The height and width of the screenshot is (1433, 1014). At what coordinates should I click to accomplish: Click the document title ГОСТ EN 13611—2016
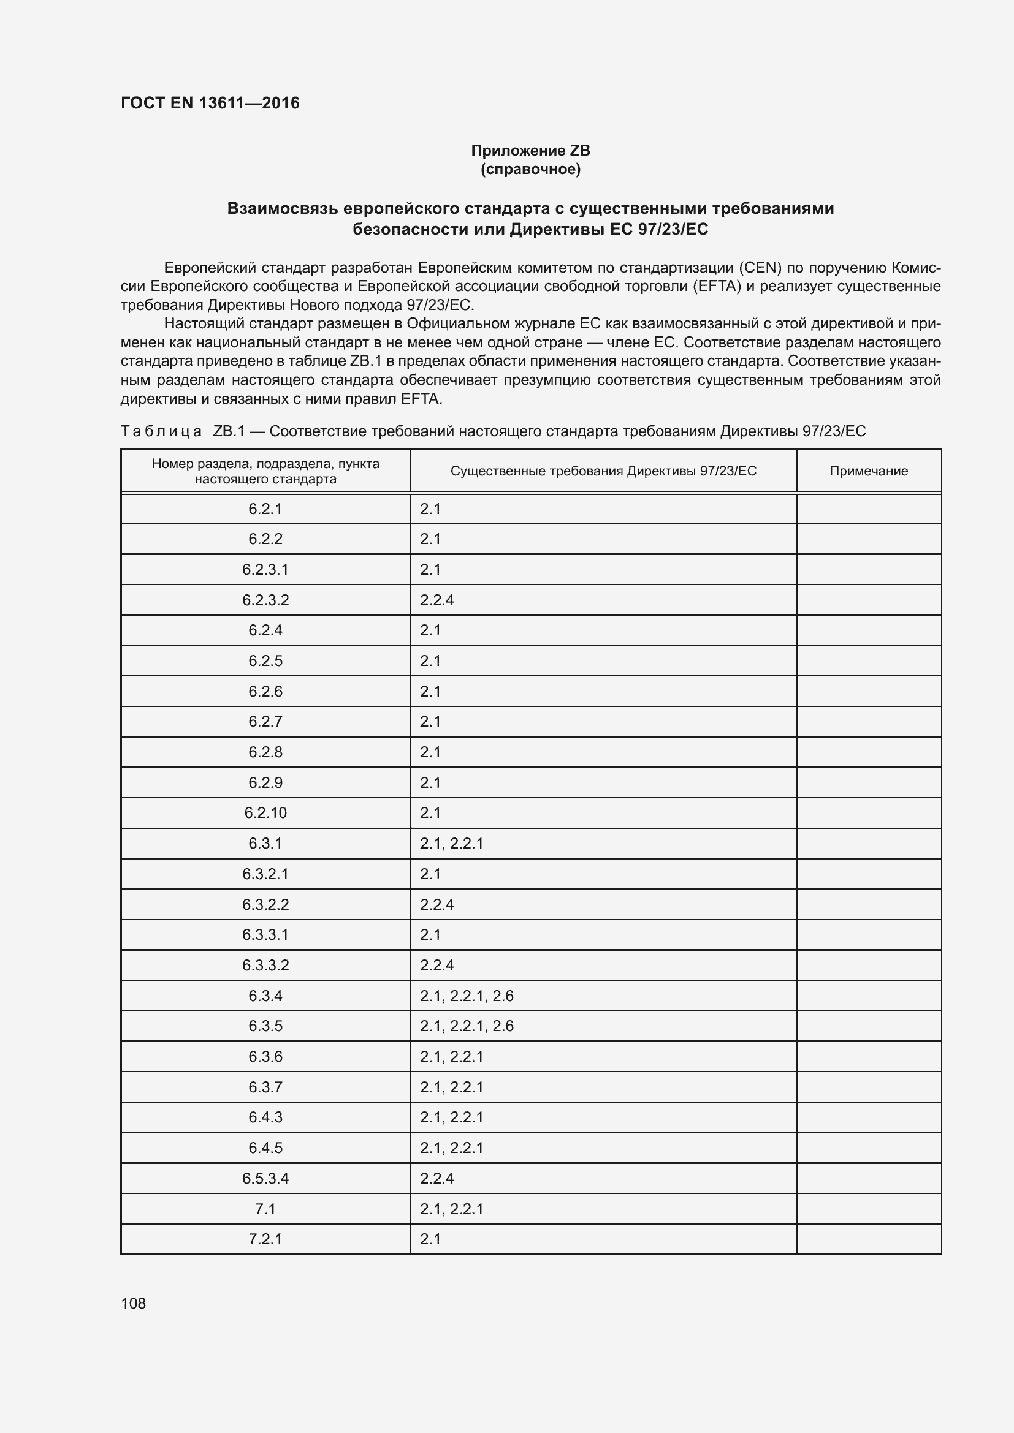[x=210, y=103]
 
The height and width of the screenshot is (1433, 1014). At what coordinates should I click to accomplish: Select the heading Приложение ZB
[x=530, y=151]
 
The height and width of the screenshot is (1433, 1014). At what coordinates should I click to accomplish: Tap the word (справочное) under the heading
[x=530, y=169]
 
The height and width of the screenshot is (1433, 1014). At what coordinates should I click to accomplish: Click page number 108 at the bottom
[x=133, y=1303]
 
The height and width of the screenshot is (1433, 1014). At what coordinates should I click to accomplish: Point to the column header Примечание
[x=868, y=471]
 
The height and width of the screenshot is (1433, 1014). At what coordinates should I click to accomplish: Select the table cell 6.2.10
[x=265, y=812]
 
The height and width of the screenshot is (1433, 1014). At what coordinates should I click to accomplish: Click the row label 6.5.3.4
[x=265, y=1178]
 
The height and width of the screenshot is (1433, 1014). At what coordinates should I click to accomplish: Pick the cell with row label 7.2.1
[x=265, y=1239]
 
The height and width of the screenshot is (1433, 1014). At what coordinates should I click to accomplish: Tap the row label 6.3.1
[x=265, y=843]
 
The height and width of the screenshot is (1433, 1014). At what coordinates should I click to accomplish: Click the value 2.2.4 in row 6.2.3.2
[x=436, y=600]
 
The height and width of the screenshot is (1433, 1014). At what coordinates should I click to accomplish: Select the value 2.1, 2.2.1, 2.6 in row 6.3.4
[x=467, y=996]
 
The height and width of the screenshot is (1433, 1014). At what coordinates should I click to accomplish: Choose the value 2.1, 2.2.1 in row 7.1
[x=451, y=1209]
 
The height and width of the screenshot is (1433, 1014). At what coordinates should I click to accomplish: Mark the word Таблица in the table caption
[x=161, y=431]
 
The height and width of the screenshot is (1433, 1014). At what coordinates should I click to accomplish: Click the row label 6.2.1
[x=265, y=509]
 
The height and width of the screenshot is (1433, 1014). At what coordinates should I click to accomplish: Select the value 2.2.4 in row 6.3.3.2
[x=436, y=965]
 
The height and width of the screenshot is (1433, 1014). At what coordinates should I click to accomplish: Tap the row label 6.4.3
[x=265, y=1117]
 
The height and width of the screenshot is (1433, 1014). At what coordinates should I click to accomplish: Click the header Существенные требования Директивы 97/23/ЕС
[x=603, y=471]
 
